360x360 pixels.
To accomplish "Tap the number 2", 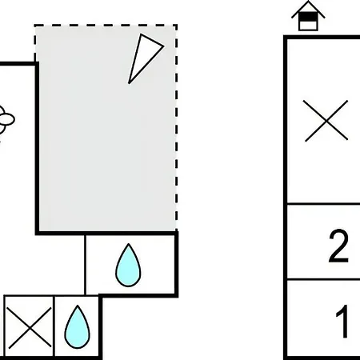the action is (x=338, y=246).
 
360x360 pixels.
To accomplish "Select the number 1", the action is (x=343, y=321).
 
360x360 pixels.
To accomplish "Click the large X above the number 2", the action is (x=326, y=121).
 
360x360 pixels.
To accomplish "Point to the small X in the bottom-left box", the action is (x=29, y=328).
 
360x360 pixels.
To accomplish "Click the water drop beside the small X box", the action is (x=77, y=327).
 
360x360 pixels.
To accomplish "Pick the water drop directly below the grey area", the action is (x=128, y=265).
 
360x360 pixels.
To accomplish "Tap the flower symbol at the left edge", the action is (x=6, y=119).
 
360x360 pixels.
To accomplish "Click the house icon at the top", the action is (x=308, y=16).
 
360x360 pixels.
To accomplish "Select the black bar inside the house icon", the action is (x=308, y=17).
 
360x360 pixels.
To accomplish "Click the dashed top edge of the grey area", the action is (x=106, y=26).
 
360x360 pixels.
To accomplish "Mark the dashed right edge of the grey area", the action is (x=176, y=128).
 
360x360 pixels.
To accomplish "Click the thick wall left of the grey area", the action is (x=37, y=148).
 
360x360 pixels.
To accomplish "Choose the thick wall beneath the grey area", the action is (x=106, y=234).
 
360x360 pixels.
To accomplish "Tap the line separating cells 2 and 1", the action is (x=323, y=279).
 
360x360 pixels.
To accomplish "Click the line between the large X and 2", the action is (x=323, y=204).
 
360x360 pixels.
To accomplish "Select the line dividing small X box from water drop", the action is (x=54, y=326).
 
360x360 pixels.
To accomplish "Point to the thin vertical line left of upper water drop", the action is (x=85, y=265).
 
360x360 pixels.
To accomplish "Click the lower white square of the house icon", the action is (x=308, y=26).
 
